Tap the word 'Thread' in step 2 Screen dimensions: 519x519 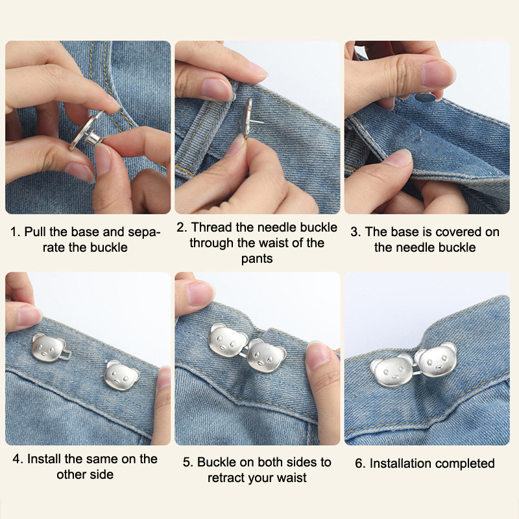(212, 228)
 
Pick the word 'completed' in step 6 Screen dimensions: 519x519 (465, 464)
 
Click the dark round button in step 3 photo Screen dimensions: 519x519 (424, 97)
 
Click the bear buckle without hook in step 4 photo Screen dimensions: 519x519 (122, 375)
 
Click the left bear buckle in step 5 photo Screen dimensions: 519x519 (228, 341)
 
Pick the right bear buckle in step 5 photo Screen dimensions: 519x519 (267, 356)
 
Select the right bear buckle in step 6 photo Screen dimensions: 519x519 (436, 359)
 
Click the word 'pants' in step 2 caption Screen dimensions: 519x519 (257, 259)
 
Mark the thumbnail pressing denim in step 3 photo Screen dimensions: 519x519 (398, 158)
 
